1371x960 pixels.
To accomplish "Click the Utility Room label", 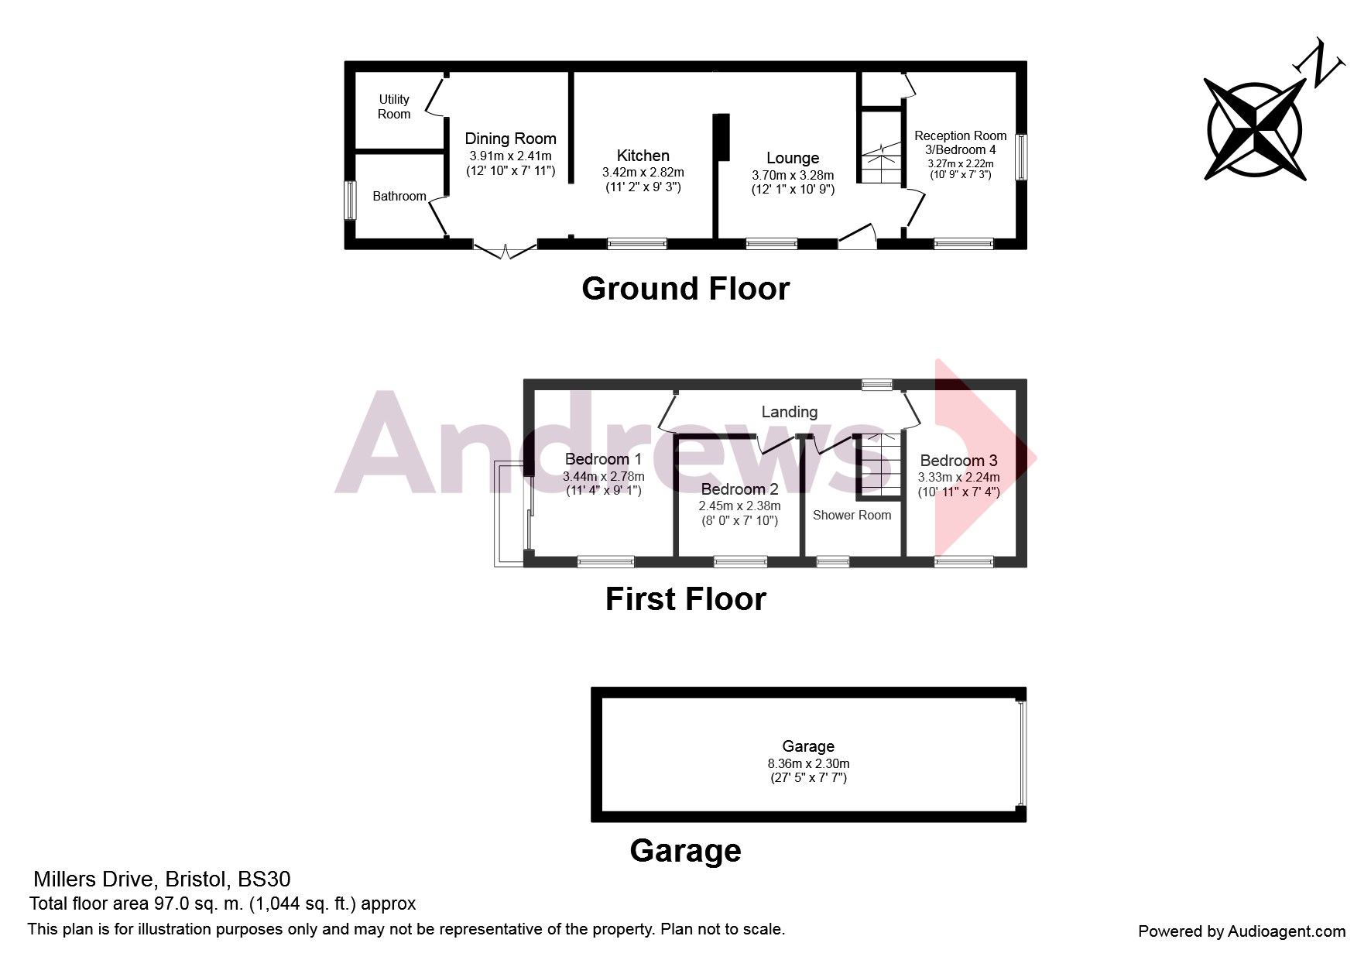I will [x=393, y=107].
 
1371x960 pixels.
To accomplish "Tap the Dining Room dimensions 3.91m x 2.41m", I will [x=510, y=156].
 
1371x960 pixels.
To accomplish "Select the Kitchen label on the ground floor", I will [x=643, y=156].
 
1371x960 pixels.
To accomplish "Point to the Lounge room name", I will [x=793, y=158].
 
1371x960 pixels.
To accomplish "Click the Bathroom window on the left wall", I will [x=350, y=201].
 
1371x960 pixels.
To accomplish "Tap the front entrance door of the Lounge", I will [x=857, y=237].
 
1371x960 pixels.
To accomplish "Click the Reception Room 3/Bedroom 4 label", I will [x=960, y=142].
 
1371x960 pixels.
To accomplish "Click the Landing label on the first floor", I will [x=789, y=412].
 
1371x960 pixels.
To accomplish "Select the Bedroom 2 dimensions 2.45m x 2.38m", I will [x=739, y=506].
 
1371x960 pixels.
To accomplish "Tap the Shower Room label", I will [x=852, y=515].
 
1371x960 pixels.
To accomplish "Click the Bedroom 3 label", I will [x=958, y=461].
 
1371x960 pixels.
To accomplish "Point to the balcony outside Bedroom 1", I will [x=510, y=515].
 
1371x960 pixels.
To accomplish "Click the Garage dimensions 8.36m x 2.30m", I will [x=808, y=763].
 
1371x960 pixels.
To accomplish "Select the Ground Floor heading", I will [x=685, y=289].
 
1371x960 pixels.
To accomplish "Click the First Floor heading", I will [x=685, y=599].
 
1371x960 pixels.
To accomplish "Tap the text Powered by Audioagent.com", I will [x=1241, y=931].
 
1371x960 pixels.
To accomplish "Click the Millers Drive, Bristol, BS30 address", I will [x=162, y=879].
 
